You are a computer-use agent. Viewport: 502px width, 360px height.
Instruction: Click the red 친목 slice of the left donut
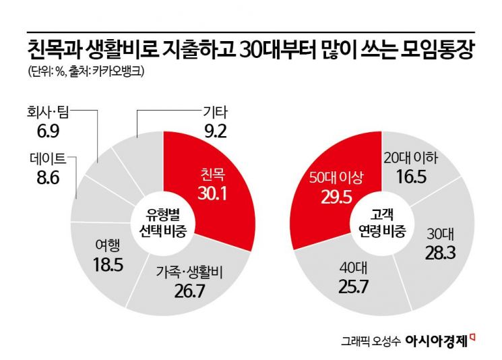pos(216,182)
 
